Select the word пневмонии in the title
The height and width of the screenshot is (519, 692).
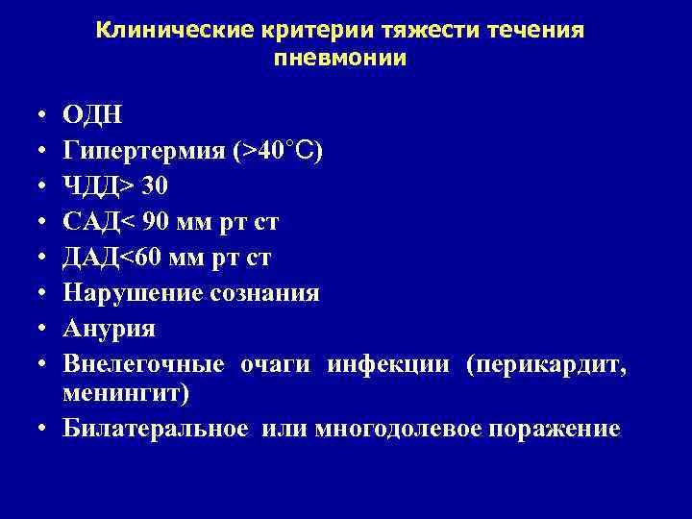(340, 58)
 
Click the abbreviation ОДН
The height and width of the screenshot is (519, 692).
(92, 115)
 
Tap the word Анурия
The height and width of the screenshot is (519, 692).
(109, 329)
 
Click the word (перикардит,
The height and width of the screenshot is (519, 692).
(546, 364)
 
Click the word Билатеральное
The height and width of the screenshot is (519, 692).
(155, 429)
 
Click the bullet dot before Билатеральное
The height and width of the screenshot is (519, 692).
(46, 429)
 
